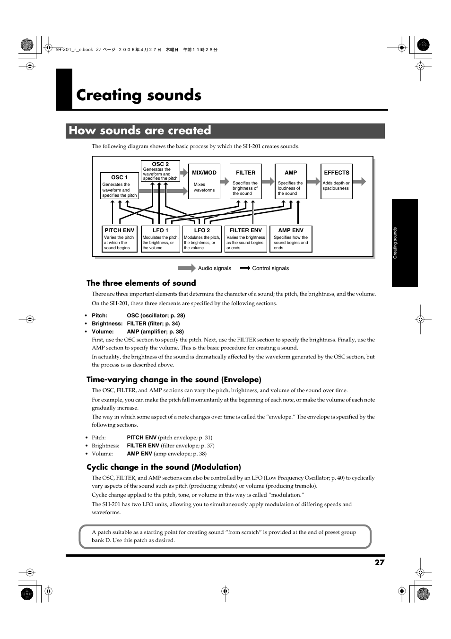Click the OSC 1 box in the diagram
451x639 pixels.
tap(120, 186)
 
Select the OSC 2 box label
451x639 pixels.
tap(160, 165)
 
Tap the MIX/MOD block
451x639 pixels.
tap(204, 181)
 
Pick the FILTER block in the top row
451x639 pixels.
tap(245, 181)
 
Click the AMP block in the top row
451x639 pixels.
tap(291, 181)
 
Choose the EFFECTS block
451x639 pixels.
tap(337, 181)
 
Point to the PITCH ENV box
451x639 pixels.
tap(120, 239)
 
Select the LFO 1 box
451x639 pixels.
tap(160, 239)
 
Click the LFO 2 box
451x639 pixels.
tap(202, 239)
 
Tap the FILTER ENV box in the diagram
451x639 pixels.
tap(245, 239)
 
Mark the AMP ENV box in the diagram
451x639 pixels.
tap(291, 239)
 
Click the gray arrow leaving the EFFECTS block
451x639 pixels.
tap(359, 181)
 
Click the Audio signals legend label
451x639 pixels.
tap(214, 268)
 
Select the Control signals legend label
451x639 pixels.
tap(270, 268)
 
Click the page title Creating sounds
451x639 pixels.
tap(139, 95)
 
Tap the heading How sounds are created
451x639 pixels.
tap(140, 131)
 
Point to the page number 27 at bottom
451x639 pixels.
tap(379, 562)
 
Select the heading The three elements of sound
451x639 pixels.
tap(141, 283)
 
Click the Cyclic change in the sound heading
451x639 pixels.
tap(164, 467)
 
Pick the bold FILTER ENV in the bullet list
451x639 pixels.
tap(143, 446)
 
